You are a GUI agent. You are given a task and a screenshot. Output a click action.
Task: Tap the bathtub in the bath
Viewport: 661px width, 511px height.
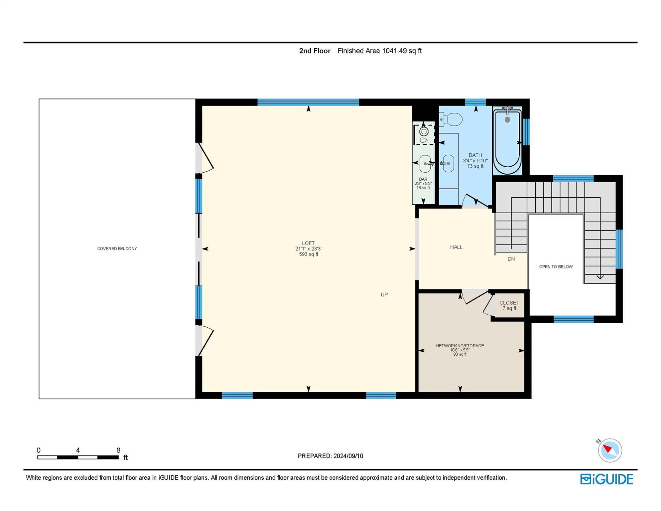(x=507, y=141)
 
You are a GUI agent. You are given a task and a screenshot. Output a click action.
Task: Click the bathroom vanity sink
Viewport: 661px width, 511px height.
(x=448, y=163)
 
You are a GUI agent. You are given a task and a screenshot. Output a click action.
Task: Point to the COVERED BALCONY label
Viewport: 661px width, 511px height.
(x=117, y=249)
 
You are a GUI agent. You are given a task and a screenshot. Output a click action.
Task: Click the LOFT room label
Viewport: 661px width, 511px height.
(x=308, y=243)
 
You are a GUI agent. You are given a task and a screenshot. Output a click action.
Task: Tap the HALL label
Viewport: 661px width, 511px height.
(x=456, y=247)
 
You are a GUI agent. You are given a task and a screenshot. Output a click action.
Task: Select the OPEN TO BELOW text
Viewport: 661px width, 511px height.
(x=556, y=266)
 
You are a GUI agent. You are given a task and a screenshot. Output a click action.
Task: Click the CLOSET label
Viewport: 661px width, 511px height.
(x=509, y=303)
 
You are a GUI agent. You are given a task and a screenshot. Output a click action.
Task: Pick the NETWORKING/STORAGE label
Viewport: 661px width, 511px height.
(x=460, y=346)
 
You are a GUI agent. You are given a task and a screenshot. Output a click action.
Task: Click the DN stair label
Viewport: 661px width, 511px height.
(x=511, y=259)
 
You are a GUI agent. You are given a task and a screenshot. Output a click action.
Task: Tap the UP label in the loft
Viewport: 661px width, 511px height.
(x=384, y=294)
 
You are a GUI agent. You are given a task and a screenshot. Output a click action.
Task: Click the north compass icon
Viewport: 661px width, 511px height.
(x=610, y=450)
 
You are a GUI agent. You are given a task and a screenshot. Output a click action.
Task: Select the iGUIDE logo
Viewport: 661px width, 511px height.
(x=606, y=479)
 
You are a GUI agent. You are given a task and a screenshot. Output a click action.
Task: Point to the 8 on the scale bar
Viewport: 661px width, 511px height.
(x=118, y=450)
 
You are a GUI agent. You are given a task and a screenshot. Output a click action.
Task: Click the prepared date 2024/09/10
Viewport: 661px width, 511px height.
(x=348, y=456)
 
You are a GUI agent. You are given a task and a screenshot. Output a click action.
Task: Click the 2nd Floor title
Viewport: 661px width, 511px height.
(x=315, y=51)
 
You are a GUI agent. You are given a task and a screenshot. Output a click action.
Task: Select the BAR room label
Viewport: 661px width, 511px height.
(x=423, y=179)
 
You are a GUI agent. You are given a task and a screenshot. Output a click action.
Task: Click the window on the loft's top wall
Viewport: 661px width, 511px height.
(x=308, y=102)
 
